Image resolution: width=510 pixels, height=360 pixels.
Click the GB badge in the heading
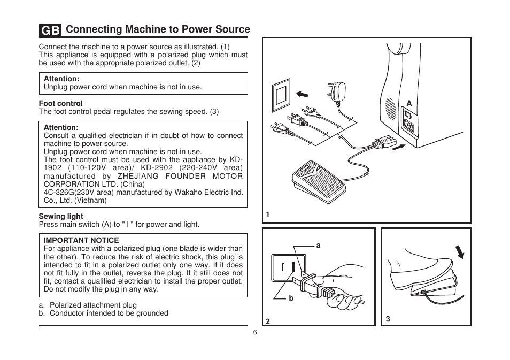click(50, 30)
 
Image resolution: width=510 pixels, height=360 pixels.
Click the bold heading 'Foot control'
click(60, 103)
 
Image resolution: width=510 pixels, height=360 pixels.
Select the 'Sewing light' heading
click(60, 216)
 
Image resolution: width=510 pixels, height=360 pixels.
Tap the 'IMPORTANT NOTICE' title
click(81, 240)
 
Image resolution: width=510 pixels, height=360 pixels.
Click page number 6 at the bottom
click(255, 332)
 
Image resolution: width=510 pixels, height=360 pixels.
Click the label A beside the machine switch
click(409, 103)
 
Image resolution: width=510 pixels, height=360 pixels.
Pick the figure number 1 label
click(268, 215)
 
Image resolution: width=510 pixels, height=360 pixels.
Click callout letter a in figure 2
click(318, 245)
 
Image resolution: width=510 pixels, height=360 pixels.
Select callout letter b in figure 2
click(291, 298)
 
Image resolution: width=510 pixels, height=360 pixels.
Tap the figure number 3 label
click(388, 319)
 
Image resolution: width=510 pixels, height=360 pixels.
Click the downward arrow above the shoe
click(459, 251)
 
